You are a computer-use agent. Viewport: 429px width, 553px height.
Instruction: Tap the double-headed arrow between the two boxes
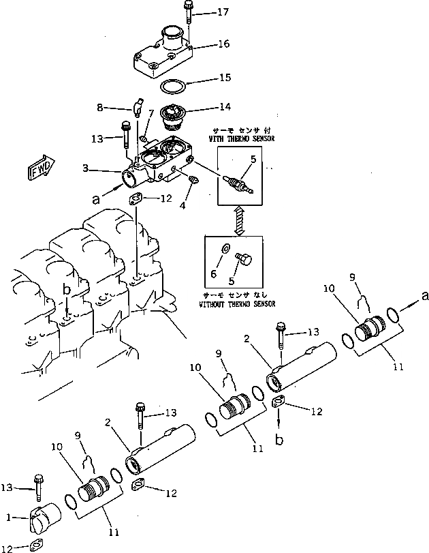click(x=236, y=220)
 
